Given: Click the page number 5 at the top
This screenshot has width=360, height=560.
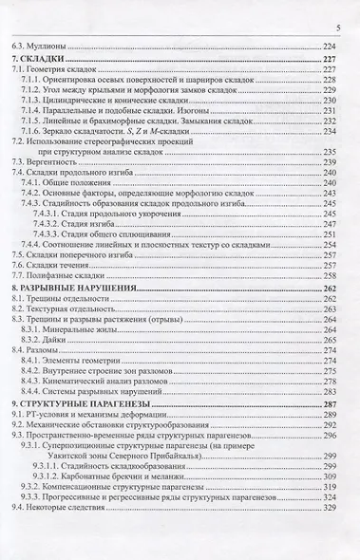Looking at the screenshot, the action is [337, 29].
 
